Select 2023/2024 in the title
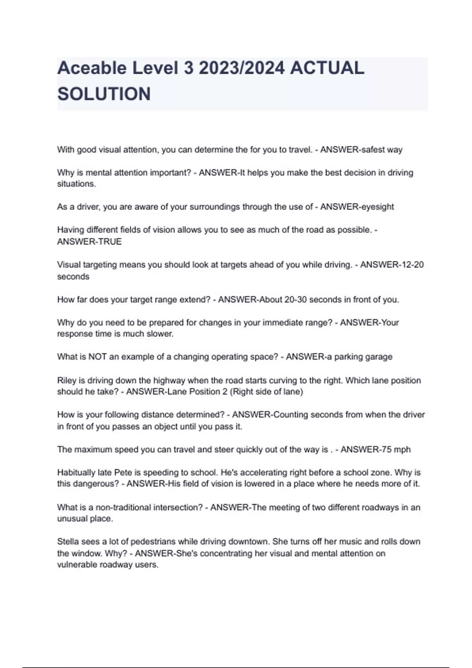[x=242, y=68]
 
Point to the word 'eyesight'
[x=376, y=207]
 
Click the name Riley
[x=66, y=380]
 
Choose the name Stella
[x=68, y=541]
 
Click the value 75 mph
[x=396, y=450]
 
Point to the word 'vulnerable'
[x=76, y=565]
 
